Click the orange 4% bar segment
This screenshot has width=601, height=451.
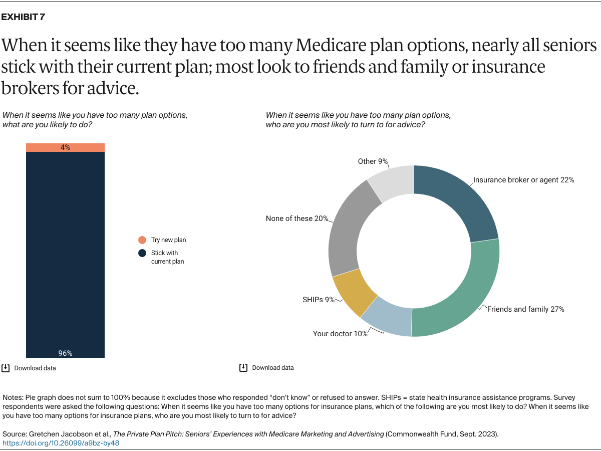point(65,147)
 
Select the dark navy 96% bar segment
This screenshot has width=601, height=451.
point(65,251)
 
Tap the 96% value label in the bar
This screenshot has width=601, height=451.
point(65,353)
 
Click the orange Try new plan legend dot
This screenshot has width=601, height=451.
point(142,240)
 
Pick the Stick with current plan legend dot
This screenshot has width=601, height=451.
point(142,253)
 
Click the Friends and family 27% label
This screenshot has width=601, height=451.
point(526,309)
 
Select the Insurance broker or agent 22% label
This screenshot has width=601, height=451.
point(523,179)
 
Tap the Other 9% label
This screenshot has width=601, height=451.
point(373,161)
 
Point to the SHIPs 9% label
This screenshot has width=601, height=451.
point(319,300)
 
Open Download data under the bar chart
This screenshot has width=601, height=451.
point(35,368)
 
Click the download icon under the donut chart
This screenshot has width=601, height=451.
point(243,367)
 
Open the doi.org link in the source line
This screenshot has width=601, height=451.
point(61,443)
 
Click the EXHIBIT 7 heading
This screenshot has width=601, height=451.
point(23,17)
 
